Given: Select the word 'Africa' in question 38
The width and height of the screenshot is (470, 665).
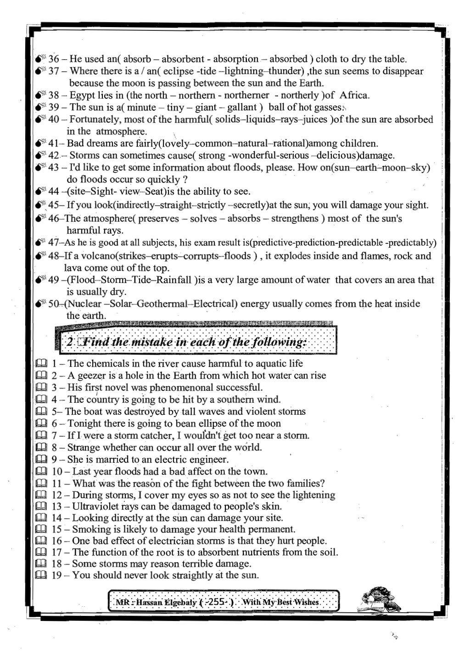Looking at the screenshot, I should pyautogui.click(x=354, y=96).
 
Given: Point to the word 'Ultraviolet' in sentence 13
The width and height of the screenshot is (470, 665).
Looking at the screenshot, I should pyautogui.click(x=94, y=507).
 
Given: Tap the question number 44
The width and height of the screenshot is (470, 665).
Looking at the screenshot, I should pyautogui.click(x=54, y=192).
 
